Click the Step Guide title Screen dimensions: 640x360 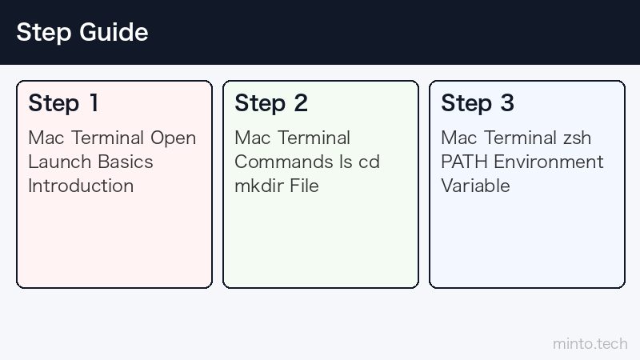82,32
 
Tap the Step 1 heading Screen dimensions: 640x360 63,103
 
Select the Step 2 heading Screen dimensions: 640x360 271,103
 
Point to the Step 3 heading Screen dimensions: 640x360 478,103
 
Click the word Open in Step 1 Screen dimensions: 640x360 173,138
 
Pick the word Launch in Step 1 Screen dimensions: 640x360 59,162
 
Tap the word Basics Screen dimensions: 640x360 126,162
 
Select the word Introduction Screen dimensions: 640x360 81,186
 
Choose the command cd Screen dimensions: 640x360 369,162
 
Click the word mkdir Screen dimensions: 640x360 258,186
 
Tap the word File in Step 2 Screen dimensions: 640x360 304,186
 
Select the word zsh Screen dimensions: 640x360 577,138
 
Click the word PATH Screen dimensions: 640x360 464,162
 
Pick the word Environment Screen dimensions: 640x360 549,162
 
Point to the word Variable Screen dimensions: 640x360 475,186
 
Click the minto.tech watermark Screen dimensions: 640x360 590,344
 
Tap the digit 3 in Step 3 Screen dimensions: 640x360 507,103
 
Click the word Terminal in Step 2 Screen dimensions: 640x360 314,138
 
